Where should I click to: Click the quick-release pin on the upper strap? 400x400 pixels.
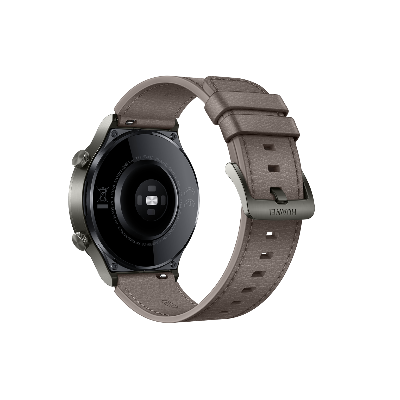131,121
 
